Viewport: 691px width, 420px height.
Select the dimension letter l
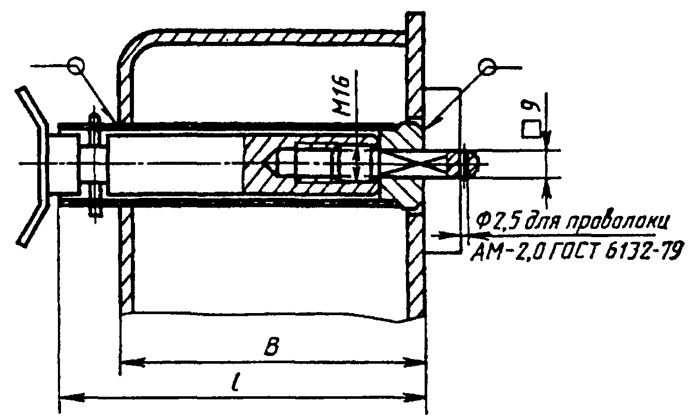pos(236,381)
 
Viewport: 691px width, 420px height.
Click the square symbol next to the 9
pos(531,130)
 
